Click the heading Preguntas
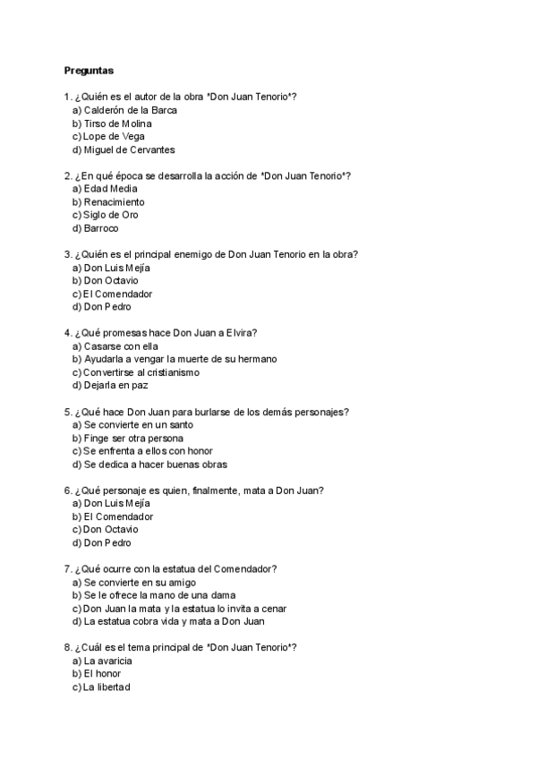pyautogui.click(x=89, y=70)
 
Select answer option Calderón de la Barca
pyautogui.click(x=130, y=110)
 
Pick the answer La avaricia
pyautogui.click(x=107, y=661)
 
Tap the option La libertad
pyautogui.click(x=106, y=687)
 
